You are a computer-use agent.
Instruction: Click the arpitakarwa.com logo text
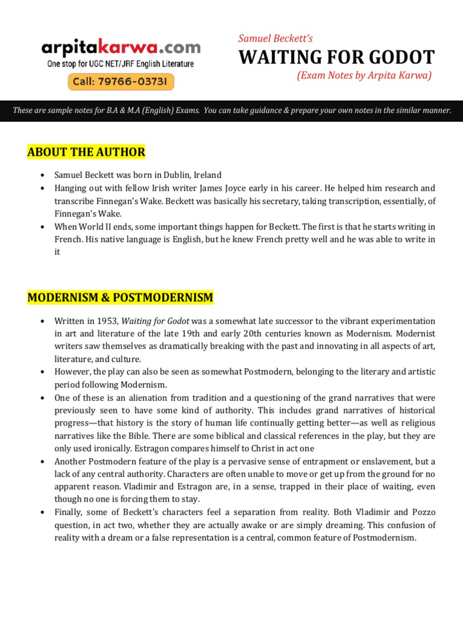coord(121,46)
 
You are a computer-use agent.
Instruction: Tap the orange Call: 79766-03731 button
coord(121,81)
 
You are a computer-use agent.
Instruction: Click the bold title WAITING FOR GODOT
coord(336,57)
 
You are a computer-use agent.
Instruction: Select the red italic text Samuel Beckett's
coord(276,38)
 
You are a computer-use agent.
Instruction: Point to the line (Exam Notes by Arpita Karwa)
coord(364,75)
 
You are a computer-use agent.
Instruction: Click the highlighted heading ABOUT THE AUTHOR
coord(86,152)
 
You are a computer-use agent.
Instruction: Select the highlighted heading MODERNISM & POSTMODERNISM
coord(120,298)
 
